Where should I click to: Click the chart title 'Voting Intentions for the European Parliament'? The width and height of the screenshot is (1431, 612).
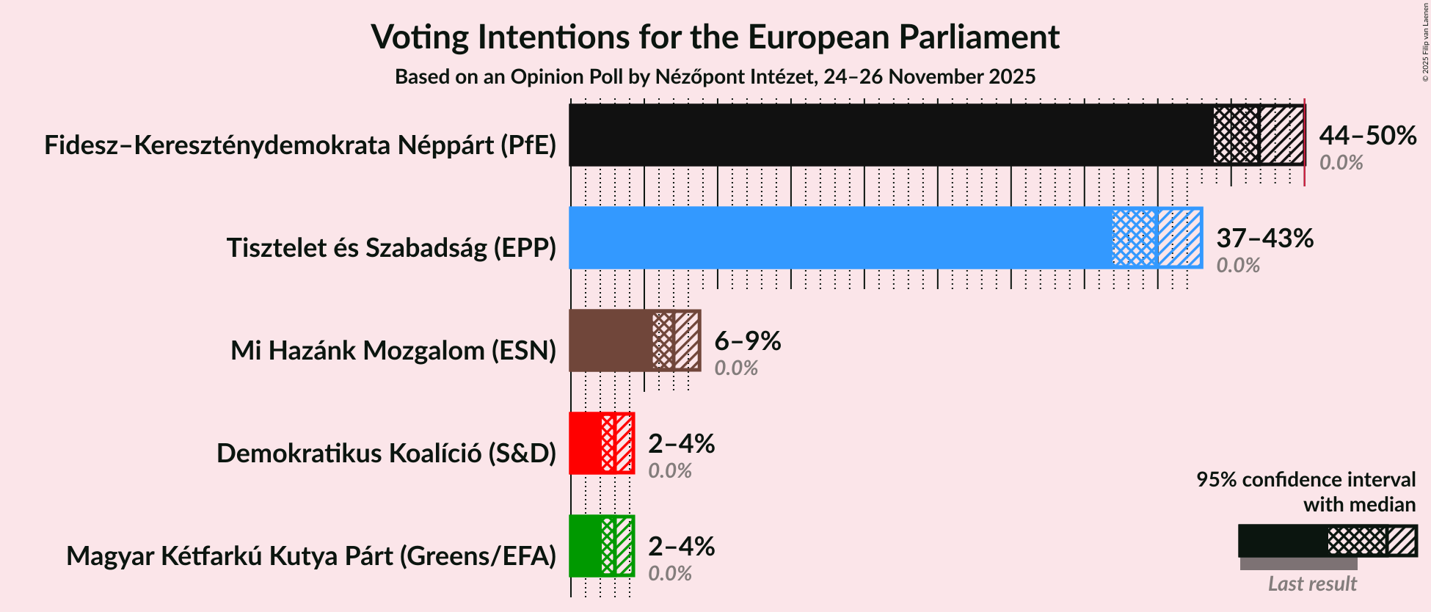(x=715, y=37)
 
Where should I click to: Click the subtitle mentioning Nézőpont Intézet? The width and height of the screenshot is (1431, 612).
(x=715, y=77)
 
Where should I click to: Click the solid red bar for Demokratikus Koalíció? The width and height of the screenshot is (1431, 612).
(x=585, y=443)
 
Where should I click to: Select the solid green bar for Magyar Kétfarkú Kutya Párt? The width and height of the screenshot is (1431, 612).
(x=585, y=546)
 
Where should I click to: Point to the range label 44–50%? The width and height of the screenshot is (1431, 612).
(x=1367, y=136)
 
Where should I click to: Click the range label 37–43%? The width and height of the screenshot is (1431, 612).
(x=1264, y=238)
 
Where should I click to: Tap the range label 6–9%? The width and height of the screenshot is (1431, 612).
(x=747, y=341)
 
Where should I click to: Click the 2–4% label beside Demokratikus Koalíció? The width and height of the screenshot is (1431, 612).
(x=681, y=444)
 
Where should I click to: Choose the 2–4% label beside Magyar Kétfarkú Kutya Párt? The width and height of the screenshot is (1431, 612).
(x=681, y=547)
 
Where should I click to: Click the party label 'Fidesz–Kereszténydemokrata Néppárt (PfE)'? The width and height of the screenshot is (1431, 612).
(x=300, y=145)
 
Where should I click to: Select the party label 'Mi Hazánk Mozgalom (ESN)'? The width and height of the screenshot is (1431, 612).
(x=393, y=351)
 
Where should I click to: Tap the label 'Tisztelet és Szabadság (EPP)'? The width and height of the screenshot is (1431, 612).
(x=391, y=248)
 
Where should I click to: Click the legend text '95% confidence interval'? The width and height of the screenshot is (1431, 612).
(x=1306, y=480)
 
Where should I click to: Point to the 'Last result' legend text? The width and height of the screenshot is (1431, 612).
(x=1312, y=584)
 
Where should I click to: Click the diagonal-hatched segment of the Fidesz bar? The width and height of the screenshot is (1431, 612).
(x=1282, y=135)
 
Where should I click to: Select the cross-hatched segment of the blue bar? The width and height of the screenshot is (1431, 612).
(x=1135, y=238)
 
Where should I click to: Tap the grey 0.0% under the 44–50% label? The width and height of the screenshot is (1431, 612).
(x=1341, y=163)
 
